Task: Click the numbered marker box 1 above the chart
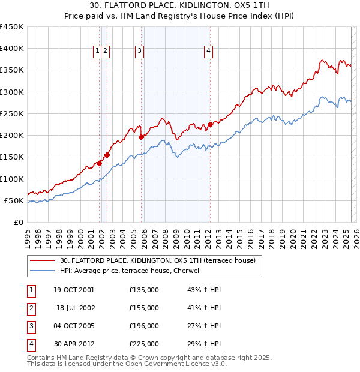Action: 97,52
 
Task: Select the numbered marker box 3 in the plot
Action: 139,52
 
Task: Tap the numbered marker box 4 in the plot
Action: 208,52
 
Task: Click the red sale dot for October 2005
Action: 142,137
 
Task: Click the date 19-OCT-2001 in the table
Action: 74,290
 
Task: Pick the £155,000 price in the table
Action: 143,308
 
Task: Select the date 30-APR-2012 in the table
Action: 74,344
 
